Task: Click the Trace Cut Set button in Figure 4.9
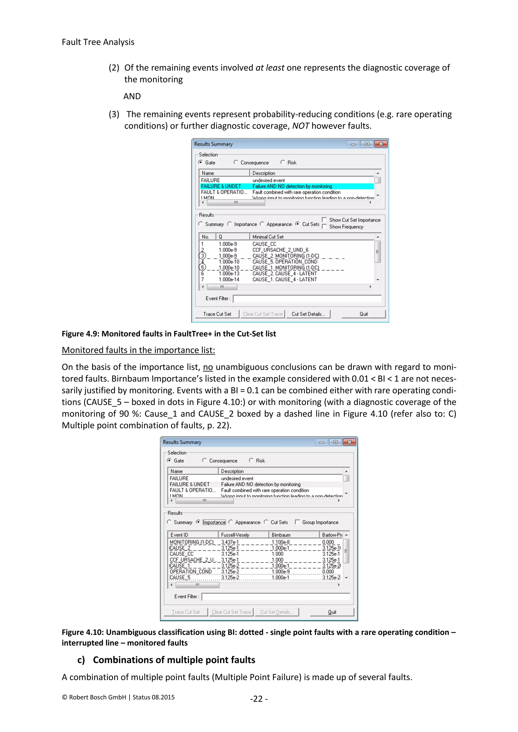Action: pos(217,314)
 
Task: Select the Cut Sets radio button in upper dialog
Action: pos(297,224)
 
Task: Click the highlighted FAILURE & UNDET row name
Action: pos(221,186)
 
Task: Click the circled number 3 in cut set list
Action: pos(202,256)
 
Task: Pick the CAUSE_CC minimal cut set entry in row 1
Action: pos(264,244)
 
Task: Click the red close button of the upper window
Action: pos(381,144)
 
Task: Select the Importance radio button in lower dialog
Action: pos(198,522)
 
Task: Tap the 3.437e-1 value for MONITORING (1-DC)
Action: pos(230,542)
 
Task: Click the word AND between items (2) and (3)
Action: pos(132,96)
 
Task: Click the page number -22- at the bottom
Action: pos(259,699)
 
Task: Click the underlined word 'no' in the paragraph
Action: pos(208,367)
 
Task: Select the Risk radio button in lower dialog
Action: pos(251,460)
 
